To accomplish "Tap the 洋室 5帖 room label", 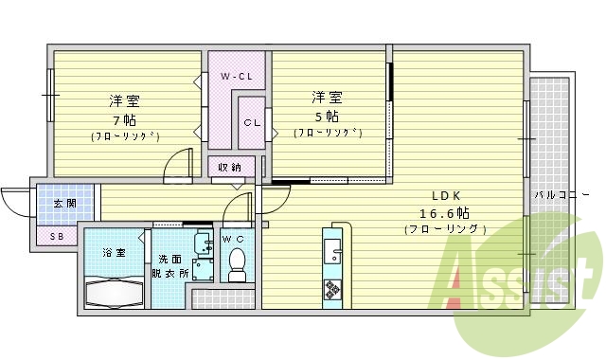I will pyautogui.click(x=327, y=107).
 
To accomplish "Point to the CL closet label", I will pyautogui.click(x=251, y=122).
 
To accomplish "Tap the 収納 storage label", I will pyautogui.click(x=229, y=168).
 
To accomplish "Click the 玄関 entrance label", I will pyautogui.click(x=64, y=203).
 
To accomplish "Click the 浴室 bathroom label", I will pyautogui.click(x=114, y=254).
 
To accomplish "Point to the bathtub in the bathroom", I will pyautogui.click(x=114, y=290).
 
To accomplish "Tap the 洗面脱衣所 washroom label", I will pyautogui.click(x=171, y=266).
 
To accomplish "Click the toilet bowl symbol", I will pyautogui.click(x=237, y=263).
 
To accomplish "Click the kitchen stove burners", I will pyautogui.click(x=333, y=287).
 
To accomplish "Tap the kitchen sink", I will pyautogui.click(x=332, y=250).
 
